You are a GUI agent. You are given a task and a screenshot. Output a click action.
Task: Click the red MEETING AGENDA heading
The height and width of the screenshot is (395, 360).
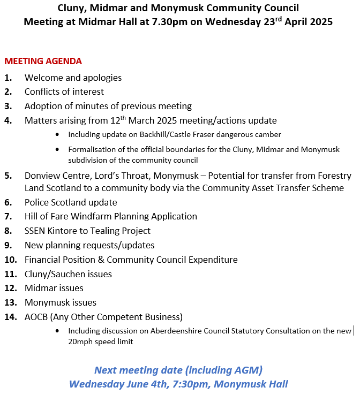click(43, 61)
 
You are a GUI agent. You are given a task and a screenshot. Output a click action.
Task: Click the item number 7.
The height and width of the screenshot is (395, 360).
click(7, 217)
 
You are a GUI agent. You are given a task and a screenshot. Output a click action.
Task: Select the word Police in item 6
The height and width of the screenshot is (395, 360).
click(37, 202)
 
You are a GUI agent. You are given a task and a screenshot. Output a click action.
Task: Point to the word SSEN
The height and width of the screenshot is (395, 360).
click(36, 231)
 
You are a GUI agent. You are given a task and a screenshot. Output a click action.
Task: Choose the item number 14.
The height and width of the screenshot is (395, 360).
click(10, 317)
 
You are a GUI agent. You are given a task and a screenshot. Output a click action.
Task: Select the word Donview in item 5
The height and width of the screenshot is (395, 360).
click(41, 176)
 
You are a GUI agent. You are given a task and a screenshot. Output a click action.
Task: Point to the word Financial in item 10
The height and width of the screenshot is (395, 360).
click(44, 260)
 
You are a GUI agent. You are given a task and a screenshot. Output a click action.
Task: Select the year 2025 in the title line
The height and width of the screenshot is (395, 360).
click(319, 22)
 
